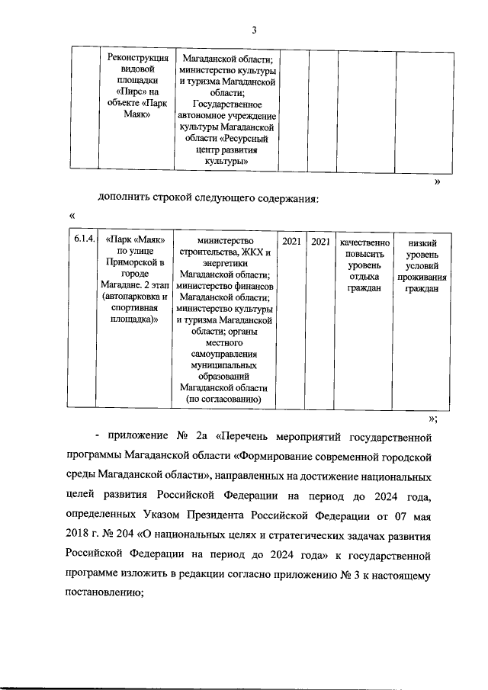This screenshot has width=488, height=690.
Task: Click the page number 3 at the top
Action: (255, 30)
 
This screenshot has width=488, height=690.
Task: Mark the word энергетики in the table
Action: (225, 264)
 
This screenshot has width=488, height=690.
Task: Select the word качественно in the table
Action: (364, 241)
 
